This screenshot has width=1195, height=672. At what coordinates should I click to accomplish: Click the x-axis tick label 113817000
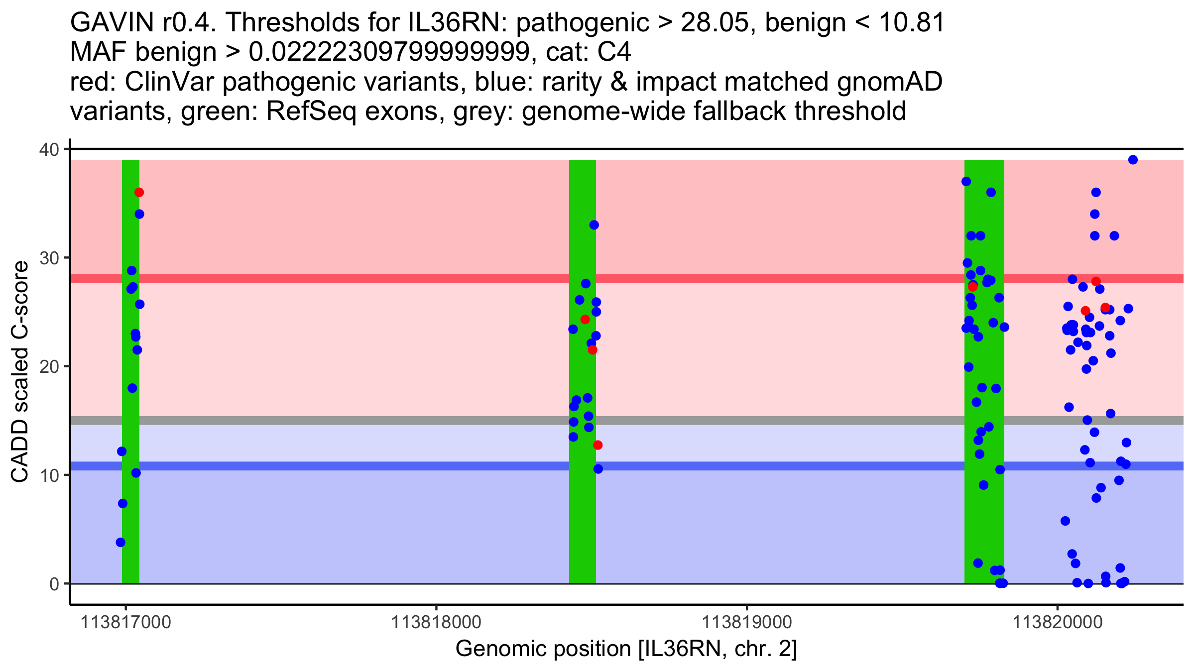pyautogui.click(x=125, y=622)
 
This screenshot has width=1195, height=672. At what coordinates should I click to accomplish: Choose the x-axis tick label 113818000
pyautogui.click(x=436, y=622)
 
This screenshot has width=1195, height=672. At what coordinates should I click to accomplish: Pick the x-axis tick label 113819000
pyautogui.click(x=746, y=622)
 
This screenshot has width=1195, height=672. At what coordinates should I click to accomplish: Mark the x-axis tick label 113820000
pyautogui.click(x=1057, y=622)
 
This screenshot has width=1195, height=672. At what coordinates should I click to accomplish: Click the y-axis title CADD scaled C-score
pyautogui.click(x=20, y=372)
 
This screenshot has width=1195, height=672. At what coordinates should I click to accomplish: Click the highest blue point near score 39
pyautogui.click(x=1133, y=160)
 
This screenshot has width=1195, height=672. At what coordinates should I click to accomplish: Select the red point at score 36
pyautogui.click(x=139, y=193)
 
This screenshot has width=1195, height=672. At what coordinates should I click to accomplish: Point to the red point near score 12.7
pyautogui.click(x=597, y=445)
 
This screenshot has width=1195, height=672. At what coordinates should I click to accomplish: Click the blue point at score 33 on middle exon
pyautogui.click(x=594, y=225)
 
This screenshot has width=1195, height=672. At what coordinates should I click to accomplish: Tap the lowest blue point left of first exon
pyautogui.click(x=120, y=542)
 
